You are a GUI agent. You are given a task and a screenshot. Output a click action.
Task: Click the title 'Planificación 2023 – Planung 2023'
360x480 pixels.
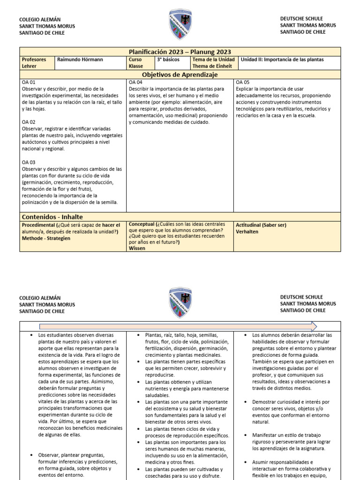pos(180,52)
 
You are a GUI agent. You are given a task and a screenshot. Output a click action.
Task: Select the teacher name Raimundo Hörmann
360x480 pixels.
pos(80,60)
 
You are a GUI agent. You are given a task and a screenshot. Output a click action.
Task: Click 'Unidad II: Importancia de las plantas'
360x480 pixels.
pos(282,60)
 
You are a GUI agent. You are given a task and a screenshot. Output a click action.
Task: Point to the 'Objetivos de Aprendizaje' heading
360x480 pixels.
pos(180,75)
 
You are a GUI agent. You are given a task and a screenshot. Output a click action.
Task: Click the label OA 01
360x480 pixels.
pos(29,82)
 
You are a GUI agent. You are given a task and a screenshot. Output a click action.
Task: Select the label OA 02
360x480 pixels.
pos(29,122)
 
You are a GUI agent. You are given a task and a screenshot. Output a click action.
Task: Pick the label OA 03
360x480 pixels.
pos(29,162)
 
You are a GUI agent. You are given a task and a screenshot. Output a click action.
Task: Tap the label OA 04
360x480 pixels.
pos(136,82)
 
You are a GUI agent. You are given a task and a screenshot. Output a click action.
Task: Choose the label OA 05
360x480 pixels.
pos(243,82)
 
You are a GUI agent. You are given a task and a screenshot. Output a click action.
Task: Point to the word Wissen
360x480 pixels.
pos(137,248)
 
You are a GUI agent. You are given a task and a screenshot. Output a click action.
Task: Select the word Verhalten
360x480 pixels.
pos(247,232)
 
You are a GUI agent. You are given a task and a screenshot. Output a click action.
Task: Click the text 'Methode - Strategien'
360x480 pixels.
pos(46,238)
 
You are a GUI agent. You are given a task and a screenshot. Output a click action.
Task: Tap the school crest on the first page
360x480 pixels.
pos(180,25)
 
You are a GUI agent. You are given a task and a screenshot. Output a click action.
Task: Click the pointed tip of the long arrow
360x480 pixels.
pos(316,327)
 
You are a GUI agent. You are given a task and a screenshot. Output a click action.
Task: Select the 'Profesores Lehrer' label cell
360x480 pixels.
pos(37,63)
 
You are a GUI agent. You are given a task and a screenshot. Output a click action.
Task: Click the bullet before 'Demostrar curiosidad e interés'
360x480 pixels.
pos(247,402)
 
